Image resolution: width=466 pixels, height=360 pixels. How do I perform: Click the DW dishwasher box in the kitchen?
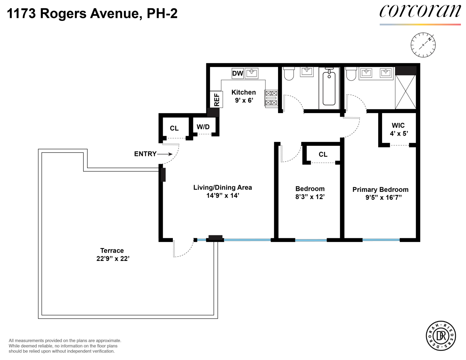[x=238, y=73]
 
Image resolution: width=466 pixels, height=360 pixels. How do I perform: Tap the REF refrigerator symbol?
[x=216, y=99]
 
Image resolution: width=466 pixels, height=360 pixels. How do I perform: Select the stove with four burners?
[x=271, y=98]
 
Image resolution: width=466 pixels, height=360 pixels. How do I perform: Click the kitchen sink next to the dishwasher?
[x=252, y=73]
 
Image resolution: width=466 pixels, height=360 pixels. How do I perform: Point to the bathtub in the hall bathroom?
[x=329, y=88]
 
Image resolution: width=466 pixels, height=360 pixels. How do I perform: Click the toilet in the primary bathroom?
[x=351, y=74]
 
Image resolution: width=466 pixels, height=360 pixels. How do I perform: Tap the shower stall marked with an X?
[x=405, y=92]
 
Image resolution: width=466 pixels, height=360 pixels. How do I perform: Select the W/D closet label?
[x=203, y=127]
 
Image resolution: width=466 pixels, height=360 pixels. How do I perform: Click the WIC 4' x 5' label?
[x=399, y=130]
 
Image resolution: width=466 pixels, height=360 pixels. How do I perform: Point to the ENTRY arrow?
[x=165, y=154]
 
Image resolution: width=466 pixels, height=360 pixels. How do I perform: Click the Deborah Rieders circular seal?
[x=441, y=336]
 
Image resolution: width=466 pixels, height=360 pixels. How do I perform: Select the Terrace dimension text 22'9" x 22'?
[x=113, y=258]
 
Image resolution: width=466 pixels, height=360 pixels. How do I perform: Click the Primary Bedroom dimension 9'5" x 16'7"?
[x=384, y=197]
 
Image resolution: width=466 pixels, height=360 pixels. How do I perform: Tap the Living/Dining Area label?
[x=223, y=188]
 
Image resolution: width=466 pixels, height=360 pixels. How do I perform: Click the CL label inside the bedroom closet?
[x=323, y=154]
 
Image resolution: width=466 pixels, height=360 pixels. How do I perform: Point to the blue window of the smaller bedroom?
[x=311, y=240]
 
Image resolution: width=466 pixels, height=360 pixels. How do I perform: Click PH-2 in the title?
[x=162, y=13]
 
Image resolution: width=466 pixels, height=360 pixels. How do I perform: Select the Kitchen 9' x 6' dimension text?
[x=244, y=100]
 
